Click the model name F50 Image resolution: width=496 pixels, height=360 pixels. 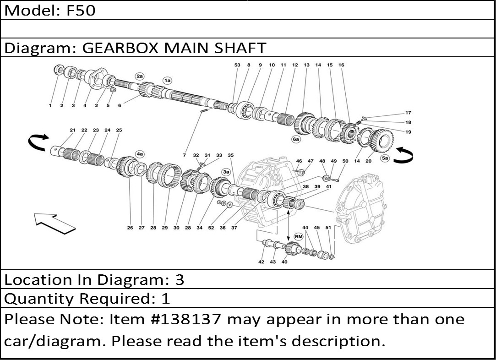(x=81, y=10)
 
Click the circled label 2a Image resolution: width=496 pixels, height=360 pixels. (x=140, y=76)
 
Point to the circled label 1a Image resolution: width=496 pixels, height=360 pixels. (x=167, y=81)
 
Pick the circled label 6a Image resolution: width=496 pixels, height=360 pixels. (x=296, y=138)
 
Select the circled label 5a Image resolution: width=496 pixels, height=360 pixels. (x=385, y=159)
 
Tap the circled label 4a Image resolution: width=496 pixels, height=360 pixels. (x=140, y=154)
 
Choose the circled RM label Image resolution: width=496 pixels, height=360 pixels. (x=299, y=236)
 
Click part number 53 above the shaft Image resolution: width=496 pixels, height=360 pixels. (x=237, y=65)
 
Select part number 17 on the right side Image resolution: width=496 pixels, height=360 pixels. (x=408, y=113)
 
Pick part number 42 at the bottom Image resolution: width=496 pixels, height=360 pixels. (x=261, y=262)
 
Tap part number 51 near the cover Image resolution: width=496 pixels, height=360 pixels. (x=328, y=227)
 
